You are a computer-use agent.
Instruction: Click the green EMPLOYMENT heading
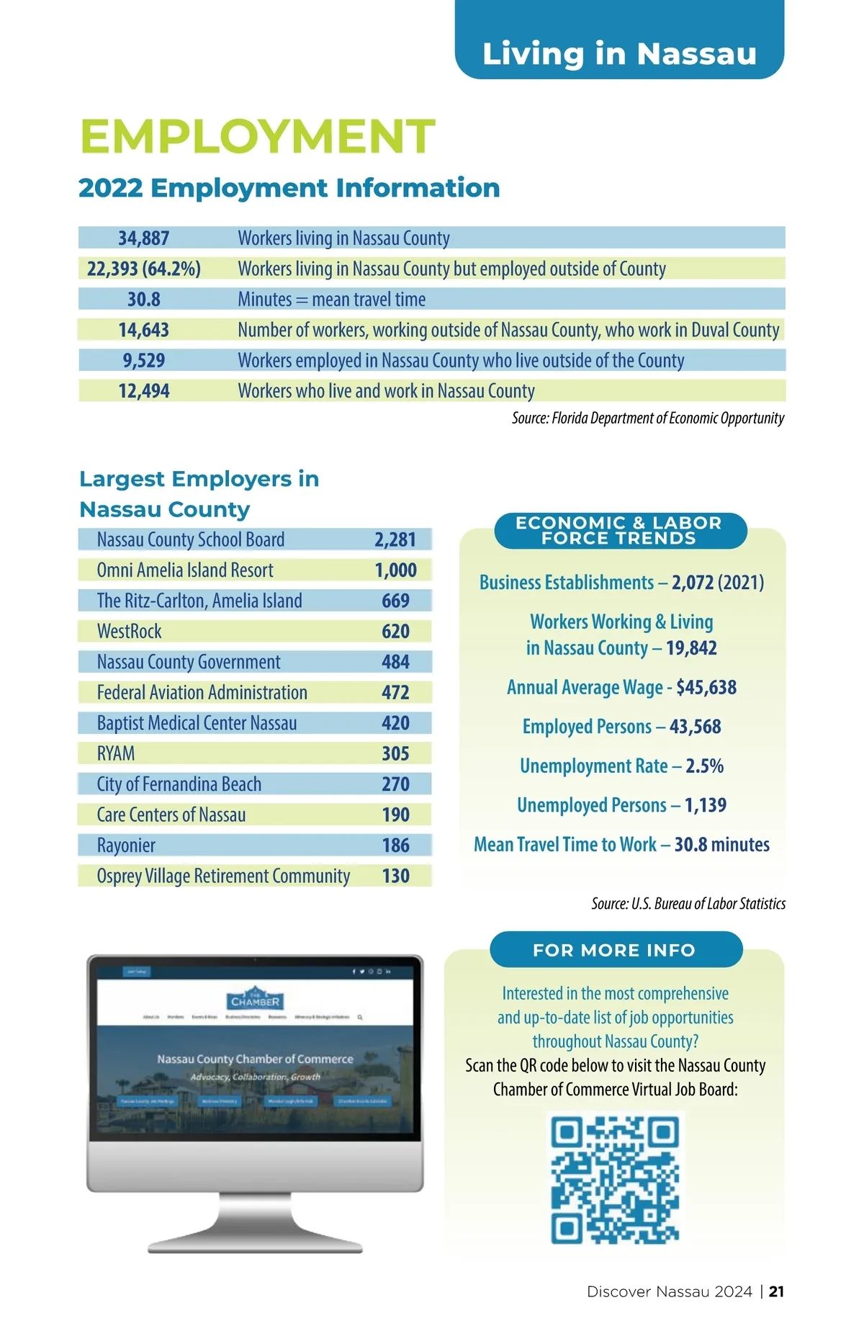click(257, 136)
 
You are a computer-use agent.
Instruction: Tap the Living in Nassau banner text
click(619, 54)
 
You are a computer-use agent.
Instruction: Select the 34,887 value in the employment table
click(143, 238)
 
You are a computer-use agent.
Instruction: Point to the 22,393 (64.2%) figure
click(143, 269)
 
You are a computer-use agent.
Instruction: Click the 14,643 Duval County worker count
click(143, 330)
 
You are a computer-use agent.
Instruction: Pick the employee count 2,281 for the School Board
click(395, 539)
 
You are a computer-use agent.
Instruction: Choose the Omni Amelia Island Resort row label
click(185, 570)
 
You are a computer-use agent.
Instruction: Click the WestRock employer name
click(130, 632)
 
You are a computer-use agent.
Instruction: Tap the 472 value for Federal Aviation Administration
click(395, 693)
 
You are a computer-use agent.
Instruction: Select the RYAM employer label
click(116, 754)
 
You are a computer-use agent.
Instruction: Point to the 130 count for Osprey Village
click(395, 876)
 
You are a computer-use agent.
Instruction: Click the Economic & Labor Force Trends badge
click(619, 531)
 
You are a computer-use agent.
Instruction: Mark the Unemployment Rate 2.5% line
click(621, 766)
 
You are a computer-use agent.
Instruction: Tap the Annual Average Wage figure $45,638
click(706, 687)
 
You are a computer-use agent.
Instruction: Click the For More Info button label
click(614, 950)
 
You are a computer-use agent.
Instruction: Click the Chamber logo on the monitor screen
click(255, 999)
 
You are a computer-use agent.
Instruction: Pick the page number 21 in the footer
click(776, 1291)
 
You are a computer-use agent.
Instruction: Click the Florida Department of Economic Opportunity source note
click(647, 418)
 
